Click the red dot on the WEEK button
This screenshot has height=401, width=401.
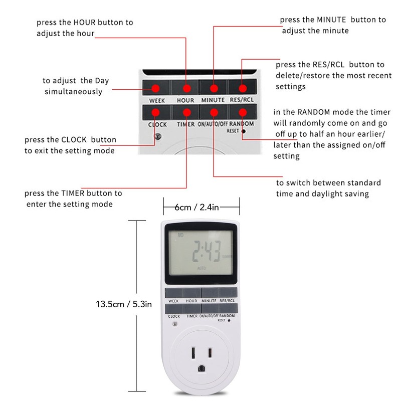156,88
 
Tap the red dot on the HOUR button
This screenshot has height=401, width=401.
185,88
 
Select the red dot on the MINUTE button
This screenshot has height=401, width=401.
214,88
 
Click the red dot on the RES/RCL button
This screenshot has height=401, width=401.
242,88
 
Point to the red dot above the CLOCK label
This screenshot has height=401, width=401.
156,113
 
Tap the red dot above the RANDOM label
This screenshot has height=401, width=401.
242,113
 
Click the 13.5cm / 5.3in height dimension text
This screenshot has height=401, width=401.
124,304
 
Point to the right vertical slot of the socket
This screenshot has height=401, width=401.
212,353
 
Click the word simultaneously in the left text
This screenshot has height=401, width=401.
73,91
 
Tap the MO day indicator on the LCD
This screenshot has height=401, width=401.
180,235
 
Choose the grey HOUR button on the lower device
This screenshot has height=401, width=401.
191,293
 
